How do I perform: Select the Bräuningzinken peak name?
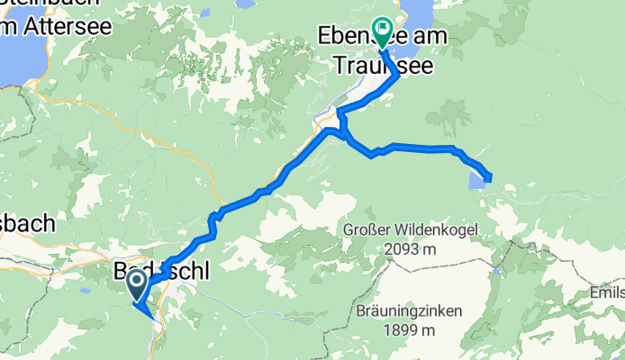pyautogui.click(x=408, y=312)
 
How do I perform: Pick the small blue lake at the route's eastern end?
pyautogui.click(x=476, y=181)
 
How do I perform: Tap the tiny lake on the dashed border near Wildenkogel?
pyautogui.click(x=495, y=269)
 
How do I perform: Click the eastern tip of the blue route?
pyautogui.click(x=491, y=177)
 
